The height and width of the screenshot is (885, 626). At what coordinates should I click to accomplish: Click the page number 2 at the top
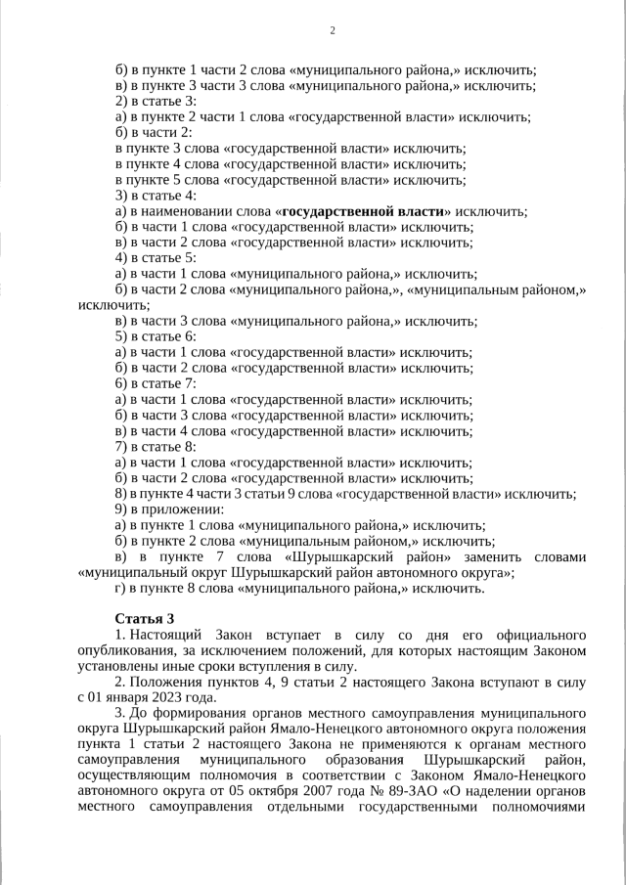(332, 31)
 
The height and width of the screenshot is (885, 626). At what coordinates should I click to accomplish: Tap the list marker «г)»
(121, 588)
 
